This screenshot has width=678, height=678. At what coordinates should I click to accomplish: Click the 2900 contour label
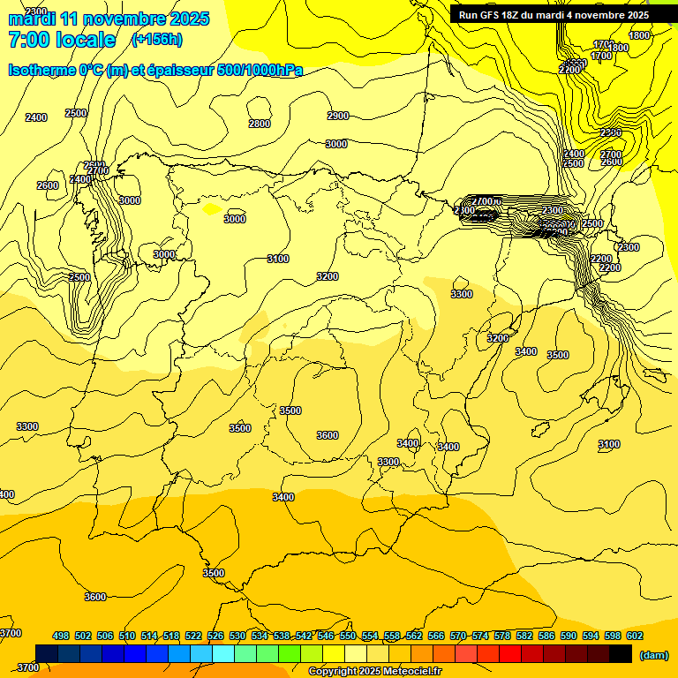[x=337, y=116]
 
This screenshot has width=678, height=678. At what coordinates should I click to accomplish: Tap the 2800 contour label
[x=260, y=124]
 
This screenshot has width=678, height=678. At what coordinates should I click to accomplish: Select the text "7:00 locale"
[x=62, y=40]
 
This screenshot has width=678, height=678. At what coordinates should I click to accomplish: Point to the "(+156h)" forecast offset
[x=156, y=39]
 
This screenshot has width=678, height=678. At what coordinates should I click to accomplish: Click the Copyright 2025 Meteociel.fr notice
[x=374, y=672]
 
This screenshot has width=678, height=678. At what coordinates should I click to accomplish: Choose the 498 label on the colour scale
[x=61, y=636]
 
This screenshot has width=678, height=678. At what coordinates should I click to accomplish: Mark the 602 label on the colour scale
[x=635, y=636]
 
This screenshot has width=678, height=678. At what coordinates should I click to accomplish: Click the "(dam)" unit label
[x=654, y=655]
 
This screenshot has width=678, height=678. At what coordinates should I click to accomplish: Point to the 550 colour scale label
[x=348, y=636]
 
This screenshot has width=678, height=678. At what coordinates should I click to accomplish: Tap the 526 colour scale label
[x=215, y=636]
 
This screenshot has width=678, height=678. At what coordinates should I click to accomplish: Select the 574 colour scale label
[x=480, y=636]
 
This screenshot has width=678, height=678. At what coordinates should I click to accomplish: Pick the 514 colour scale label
[x=149, y=636]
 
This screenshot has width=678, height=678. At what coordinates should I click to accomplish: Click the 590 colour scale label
[x=569, y=636]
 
